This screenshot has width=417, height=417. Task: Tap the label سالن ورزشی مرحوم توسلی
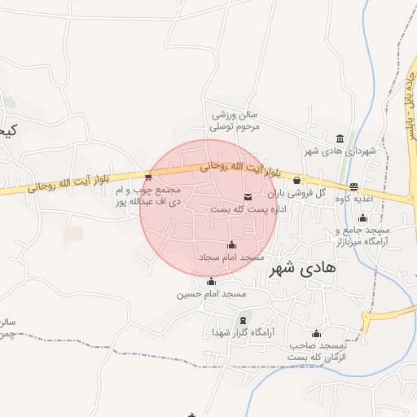click(x=235, y=121)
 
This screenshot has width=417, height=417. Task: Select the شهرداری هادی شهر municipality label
click(x=339, y=151)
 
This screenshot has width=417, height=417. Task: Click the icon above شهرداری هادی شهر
click(x=340, y=138)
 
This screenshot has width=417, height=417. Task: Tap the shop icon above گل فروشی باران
click(x=296, y=180)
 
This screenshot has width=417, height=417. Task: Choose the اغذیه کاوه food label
click(x=353, y=198)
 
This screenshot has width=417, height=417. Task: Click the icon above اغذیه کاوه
click(x=353, y=186)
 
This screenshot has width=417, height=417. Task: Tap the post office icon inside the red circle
click(x=248, y=196)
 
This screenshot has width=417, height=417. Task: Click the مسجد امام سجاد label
click(x=232, y=257)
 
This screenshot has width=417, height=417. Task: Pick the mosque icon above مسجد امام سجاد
click(x=231, y=244)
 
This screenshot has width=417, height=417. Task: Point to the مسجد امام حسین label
click(x=212, y=293)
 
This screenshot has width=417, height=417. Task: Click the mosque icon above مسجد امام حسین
click(x=212, y=281)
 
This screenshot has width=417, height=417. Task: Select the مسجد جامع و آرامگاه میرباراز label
click(x=363, y=236)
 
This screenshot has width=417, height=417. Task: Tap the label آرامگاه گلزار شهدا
click(x=237, y=332)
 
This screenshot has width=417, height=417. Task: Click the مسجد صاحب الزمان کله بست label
click(x=317, y=352)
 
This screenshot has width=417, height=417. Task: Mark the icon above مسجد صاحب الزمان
click(x=316, y=334)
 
